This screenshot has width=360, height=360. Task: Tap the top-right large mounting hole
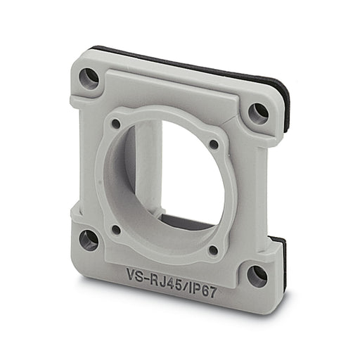click(x=257, y=113)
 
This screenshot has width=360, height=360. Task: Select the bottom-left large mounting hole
click(x=89, y=240)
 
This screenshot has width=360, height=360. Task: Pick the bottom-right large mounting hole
click(x=257, y=276)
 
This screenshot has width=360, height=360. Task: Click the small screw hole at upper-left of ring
click(x=116, y=124)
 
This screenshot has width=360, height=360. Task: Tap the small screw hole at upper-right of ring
click(x=214, y=144)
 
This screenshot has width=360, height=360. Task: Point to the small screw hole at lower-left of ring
click(x=116, y=229)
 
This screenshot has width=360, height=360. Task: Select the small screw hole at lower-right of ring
click(x=213, y=250)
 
